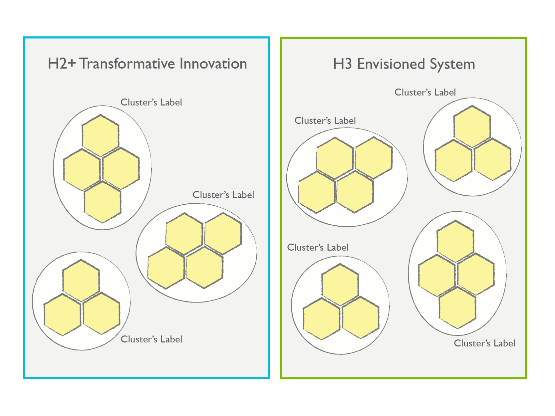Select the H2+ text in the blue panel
[62, 64]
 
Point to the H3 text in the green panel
[342, 64]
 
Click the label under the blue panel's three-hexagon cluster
[151, 339]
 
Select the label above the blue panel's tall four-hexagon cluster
[151, 102]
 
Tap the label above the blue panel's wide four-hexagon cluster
[223, 195]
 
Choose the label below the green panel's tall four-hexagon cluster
[484, 343]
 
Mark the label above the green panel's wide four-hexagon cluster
[325, 120]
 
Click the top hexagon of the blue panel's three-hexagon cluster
[81, 280]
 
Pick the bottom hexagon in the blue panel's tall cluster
[103, 202]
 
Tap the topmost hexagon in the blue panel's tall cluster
[101, 135]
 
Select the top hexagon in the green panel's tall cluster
[455, 241]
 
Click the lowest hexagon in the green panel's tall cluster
[457, 308]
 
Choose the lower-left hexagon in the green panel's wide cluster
[317, 192]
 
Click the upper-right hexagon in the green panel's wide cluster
[374, 158]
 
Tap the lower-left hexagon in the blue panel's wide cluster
[166, 268]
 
